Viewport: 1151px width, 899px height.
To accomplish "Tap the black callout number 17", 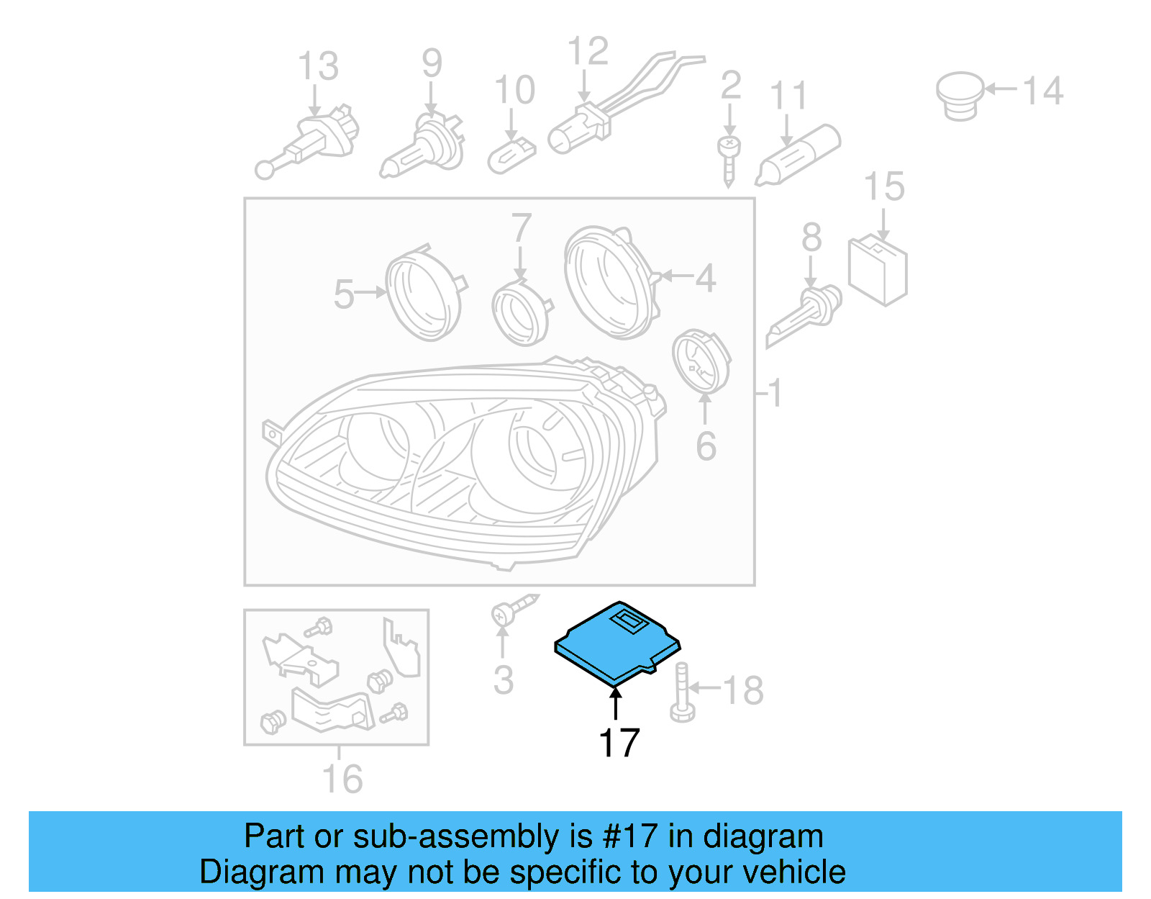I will [x=619, y=743].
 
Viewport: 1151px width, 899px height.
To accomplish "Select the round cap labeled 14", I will [x=960, y=94].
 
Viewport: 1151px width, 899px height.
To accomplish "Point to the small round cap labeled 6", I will [x=701, y=361].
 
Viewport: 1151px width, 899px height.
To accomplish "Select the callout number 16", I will [x=342, y=779].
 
